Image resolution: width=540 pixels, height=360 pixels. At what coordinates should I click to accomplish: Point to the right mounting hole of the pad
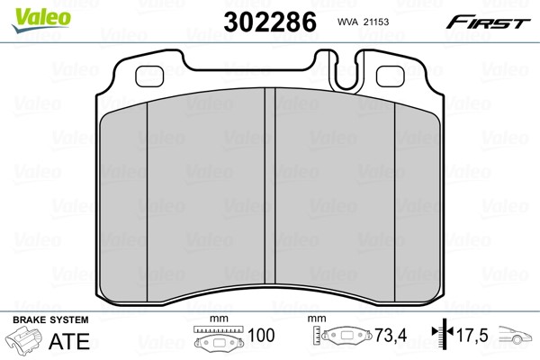389,76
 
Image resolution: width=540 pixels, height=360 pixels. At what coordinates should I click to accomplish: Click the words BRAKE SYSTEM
49,319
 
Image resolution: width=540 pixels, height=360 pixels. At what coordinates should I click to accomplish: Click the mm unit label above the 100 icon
216,319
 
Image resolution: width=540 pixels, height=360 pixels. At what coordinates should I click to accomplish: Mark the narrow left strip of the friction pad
124,198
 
